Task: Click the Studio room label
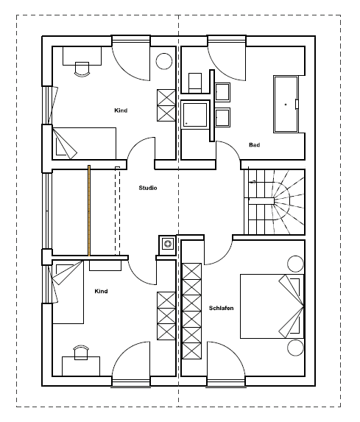click(148, 188)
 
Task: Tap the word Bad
click(254, 145)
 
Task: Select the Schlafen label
click(221, 308)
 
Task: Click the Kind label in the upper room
click(121, 110)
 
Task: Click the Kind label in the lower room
click(101, 291)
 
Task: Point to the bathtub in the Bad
click(286, 104)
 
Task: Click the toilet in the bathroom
click(195, 82)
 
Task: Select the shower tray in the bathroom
click(195, 114)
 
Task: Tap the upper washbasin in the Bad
click(222, 92)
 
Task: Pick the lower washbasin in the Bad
click(222, 117)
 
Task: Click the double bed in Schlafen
click(272, 306)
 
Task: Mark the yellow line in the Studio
click(89, 211)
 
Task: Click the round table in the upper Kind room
click(164, 61)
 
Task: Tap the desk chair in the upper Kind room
click(82, 69)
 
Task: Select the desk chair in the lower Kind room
click(81, 353)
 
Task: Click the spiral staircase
click(274, 202)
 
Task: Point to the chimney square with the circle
click(168, 244)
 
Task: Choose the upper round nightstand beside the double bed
click(295, 264)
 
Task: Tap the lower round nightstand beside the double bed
click(295, 348)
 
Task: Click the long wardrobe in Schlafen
click(191, 311)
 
